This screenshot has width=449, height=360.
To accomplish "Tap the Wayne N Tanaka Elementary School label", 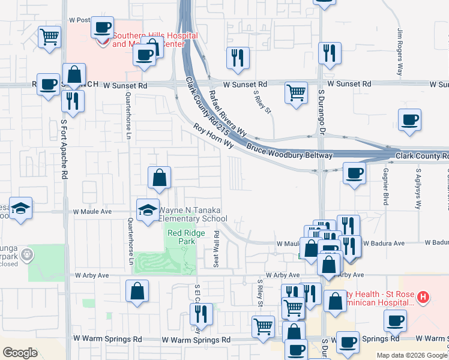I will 190,214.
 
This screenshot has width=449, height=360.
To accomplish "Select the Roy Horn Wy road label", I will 212,137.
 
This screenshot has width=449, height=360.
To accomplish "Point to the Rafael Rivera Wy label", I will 228,112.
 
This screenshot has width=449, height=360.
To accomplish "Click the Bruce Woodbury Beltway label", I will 289,151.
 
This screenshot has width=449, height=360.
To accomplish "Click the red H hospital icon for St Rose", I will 424,296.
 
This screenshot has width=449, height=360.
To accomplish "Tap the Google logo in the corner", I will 20,352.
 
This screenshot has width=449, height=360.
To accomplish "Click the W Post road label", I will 80,20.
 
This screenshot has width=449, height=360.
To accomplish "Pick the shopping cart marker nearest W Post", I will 49,36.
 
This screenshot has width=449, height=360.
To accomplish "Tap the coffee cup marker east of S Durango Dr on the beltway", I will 354,173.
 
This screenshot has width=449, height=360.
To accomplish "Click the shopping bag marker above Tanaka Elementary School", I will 159,177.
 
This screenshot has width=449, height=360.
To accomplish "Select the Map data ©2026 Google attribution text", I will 412,355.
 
